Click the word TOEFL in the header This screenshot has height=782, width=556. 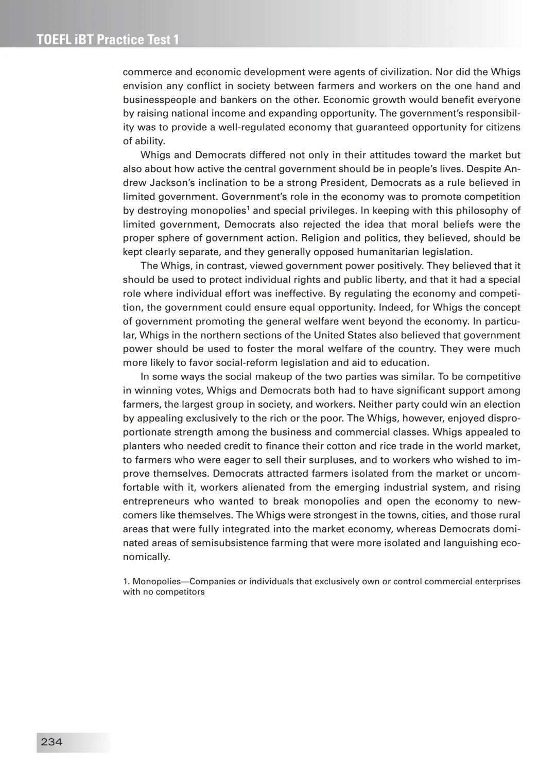[54, 40]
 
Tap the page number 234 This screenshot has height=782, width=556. [51, 742]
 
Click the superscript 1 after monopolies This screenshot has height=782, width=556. [248, 208]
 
